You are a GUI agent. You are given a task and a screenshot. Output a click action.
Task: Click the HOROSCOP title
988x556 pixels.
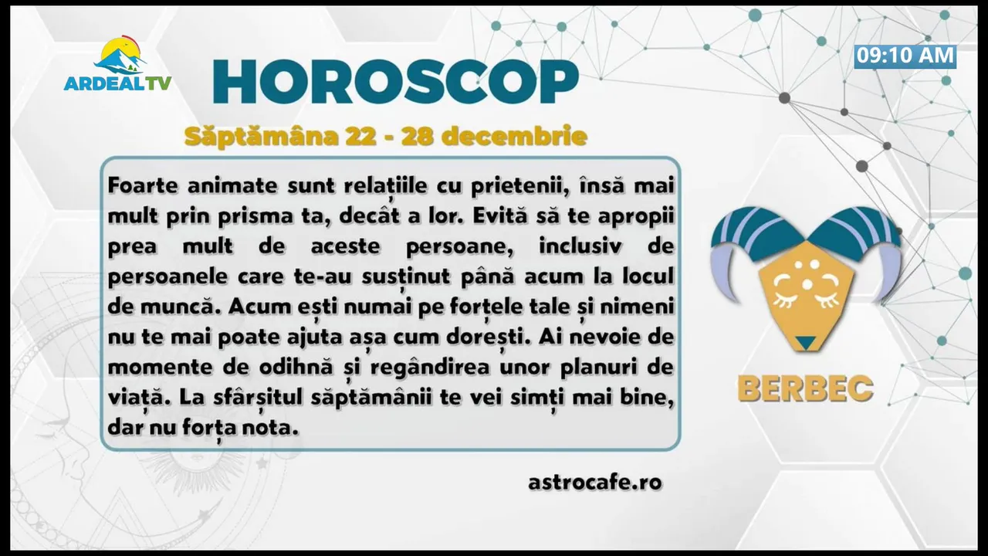click(x=396, y=81)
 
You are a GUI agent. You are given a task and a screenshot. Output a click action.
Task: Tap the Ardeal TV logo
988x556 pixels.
click(x=117, y=64)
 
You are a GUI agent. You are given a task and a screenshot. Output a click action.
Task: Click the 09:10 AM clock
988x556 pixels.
click(x=905, y=56)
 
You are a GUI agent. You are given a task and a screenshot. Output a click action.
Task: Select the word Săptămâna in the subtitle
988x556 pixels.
click(x=261, y=137)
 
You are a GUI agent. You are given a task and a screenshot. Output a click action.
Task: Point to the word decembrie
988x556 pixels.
click(x=515, y=136)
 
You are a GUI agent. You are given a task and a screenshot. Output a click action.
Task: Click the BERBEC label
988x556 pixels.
click(x=805, y=388)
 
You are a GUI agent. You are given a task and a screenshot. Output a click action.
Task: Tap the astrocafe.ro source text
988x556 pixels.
click(x=595, y=482)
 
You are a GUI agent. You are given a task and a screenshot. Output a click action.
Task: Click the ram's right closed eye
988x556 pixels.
click(x=827, y=295)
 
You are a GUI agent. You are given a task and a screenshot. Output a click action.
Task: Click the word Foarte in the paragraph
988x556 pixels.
click(x=143, y=186)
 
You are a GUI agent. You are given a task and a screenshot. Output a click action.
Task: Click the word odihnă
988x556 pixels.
click(x=296, y=367)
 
